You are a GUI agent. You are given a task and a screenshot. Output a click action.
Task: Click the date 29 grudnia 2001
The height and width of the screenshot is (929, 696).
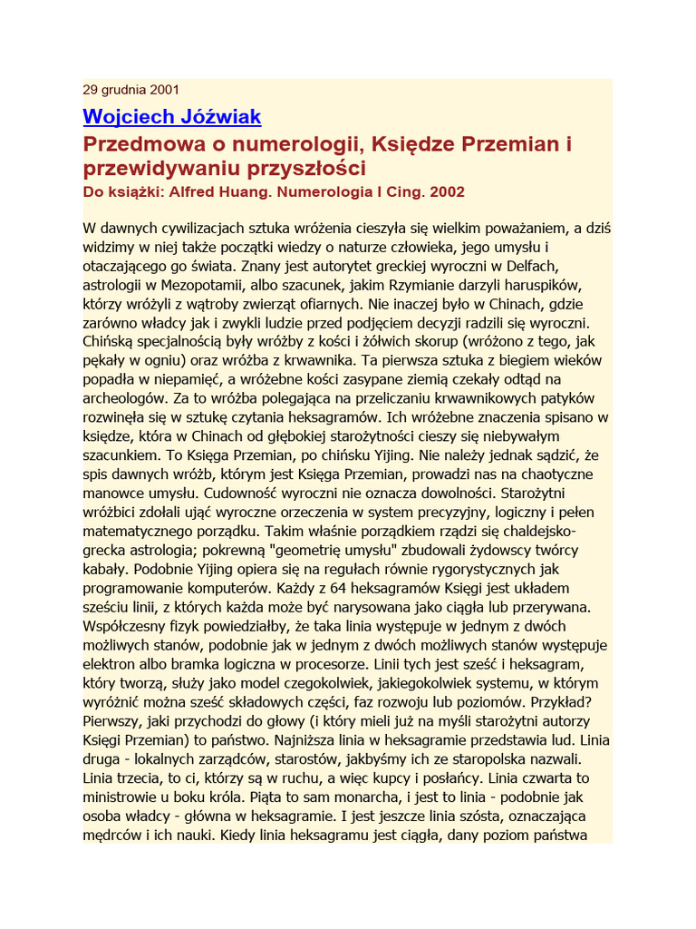130,89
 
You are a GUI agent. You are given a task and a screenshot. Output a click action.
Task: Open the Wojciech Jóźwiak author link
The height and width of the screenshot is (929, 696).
171,116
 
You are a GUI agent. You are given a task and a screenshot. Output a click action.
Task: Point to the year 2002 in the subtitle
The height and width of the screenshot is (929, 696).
445,191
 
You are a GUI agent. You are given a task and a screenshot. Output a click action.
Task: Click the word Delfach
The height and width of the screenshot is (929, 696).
526,266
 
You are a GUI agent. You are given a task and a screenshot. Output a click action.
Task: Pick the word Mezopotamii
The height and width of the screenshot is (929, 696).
192,286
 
